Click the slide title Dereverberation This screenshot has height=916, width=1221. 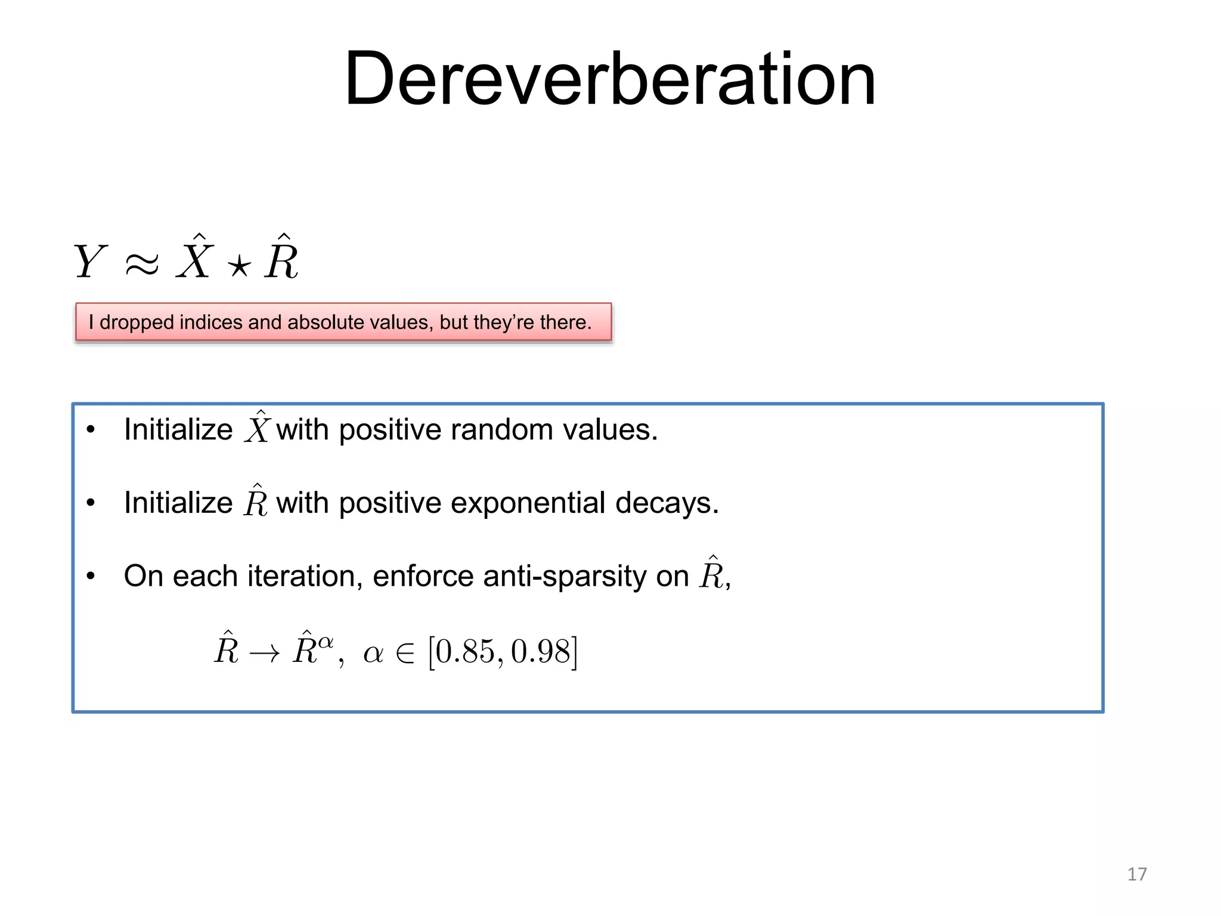click(x=610, y=79)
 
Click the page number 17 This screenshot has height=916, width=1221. click(x=1136, y=874)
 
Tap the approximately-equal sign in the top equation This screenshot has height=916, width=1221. click(x=142, y=263)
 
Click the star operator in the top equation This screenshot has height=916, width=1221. click(x=238, y=266)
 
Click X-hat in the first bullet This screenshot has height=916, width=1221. click(x=257, y=428)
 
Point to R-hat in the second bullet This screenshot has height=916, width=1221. click(x=255, y=501)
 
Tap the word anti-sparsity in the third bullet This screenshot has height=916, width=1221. click(x=564, y=576)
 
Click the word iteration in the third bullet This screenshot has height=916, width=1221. click(x=304, y=576)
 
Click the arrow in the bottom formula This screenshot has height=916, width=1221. click(x=264, y=654)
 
